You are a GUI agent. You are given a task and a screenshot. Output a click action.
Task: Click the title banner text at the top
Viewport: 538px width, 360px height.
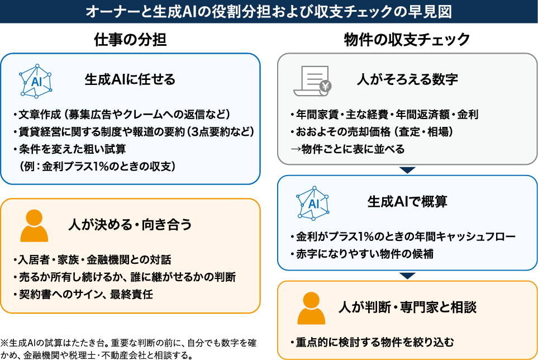(x=269, y=12)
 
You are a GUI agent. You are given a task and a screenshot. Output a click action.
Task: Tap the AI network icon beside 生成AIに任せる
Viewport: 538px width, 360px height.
(x=36, y=80)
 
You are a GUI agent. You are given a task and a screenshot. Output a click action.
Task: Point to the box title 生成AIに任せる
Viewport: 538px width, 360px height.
(x=130, y=79)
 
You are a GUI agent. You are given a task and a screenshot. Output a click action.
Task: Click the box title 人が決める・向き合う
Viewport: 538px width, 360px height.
(x=130, y=225)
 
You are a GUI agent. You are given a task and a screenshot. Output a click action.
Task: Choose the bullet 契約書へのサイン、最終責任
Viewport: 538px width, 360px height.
(x=84, y=294)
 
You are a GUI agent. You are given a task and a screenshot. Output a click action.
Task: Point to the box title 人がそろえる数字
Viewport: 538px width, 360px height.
(x=407, y=79)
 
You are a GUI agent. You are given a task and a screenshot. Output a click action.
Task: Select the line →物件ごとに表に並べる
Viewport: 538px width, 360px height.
(x=346, y=149)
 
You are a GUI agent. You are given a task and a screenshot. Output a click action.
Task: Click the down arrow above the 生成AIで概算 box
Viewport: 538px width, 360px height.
(x=407, y=170)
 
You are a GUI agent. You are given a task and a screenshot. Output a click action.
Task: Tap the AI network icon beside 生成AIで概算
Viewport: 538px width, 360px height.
(x=313, y=202)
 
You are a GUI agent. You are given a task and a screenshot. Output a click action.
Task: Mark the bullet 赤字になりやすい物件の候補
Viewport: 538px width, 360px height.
(x=362, y=254)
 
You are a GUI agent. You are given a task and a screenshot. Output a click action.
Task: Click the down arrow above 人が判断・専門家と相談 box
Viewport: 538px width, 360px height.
(x=407, y=275)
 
